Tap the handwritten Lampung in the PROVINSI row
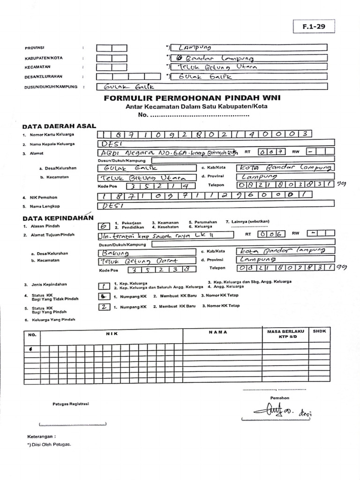pos(192,48)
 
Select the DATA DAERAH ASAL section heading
pos(59,126)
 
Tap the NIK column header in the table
pos(111,332)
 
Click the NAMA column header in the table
pos(218,332)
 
